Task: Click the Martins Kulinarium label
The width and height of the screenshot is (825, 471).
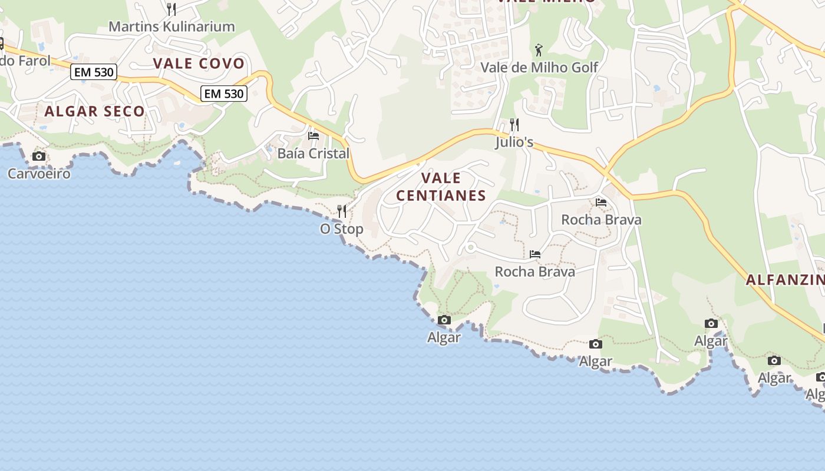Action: click(x=172, y=26)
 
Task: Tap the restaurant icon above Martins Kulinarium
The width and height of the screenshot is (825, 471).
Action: click(x=171, y=9)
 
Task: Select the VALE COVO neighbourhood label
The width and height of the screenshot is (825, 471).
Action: click(x=199, y=64)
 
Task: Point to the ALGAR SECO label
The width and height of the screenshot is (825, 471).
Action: click(x=94, y=111)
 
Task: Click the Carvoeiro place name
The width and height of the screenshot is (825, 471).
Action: click(x=39, y=174)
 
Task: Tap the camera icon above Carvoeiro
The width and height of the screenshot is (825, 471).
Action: click(x=39, y=156)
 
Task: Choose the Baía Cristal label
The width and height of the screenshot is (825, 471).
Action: click(x=313, y=154)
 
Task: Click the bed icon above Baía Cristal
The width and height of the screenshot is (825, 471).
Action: click(x=313, y=136)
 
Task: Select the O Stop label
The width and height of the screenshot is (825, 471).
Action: click(x=342, y=229)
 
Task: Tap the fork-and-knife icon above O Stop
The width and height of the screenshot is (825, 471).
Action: click(x=342, y=211)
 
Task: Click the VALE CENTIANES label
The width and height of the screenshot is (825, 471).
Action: click(x=441, y=187)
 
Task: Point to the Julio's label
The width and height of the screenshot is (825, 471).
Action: click(x=514, y=142)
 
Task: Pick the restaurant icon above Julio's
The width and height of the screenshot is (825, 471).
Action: click(x=514, y=124)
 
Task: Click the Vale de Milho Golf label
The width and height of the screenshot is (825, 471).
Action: click(x=539, y=67)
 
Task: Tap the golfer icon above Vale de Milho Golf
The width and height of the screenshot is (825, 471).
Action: click(x=539, y=50)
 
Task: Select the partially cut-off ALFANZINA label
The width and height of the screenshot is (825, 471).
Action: click(x=784, y=280)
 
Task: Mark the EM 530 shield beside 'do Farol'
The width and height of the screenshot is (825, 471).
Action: click(x=94, y=72)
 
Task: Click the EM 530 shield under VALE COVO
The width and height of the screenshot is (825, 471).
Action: click(x=223, y=93)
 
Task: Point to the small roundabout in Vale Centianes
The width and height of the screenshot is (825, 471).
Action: click(x=470, y=248)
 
